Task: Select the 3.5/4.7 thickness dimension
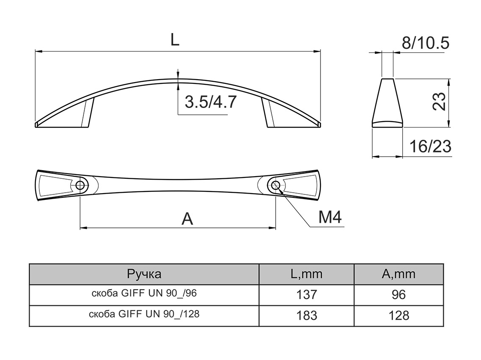click(x=210, y=102)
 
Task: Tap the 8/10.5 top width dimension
click(x=425, y=43)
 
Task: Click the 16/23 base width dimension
click(x=430, y=147)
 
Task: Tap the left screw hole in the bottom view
click(x=80, y=185)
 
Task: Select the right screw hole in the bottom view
click(x=276, y=185)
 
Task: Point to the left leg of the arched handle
click(x=86, y=113)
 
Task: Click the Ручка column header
click(x=144, y=274)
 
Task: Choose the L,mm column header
click(x=306, y=274)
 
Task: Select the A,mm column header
click(x=398, y=274)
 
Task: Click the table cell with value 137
click(x=306, y=294)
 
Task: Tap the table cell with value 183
click(x=306, y=316)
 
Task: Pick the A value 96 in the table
click(x=398, y=294)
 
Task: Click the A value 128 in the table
click(x=398, y=316)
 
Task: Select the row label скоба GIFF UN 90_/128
click(x=144, y=315)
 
